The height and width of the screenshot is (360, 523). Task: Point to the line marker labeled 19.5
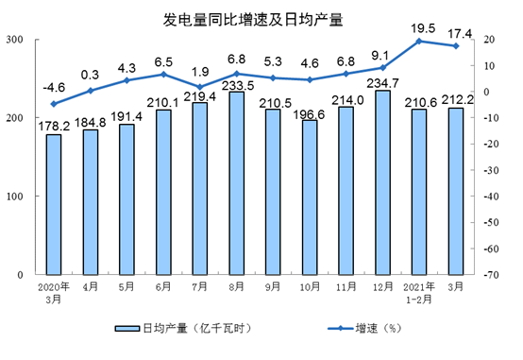419,41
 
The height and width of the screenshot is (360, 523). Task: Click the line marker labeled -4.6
54,104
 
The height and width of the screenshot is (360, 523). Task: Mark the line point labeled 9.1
383,68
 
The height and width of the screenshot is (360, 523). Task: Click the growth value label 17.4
456,31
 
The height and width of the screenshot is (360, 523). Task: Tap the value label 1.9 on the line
200,72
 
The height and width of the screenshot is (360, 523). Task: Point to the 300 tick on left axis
16,40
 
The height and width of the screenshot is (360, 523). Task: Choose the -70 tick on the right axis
490,275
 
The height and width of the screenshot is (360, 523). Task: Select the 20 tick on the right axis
490,40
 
